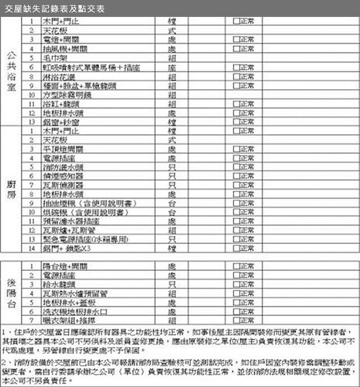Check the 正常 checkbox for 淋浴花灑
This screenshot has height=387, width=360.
pos(236,76)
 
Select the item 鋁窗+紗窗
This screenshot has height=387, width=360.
pos(61,121)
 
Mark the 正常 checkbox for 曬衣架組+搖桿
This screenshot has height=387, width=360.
pos(236,320)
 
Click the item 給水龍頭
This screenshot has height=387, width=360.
pos(60,284)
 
